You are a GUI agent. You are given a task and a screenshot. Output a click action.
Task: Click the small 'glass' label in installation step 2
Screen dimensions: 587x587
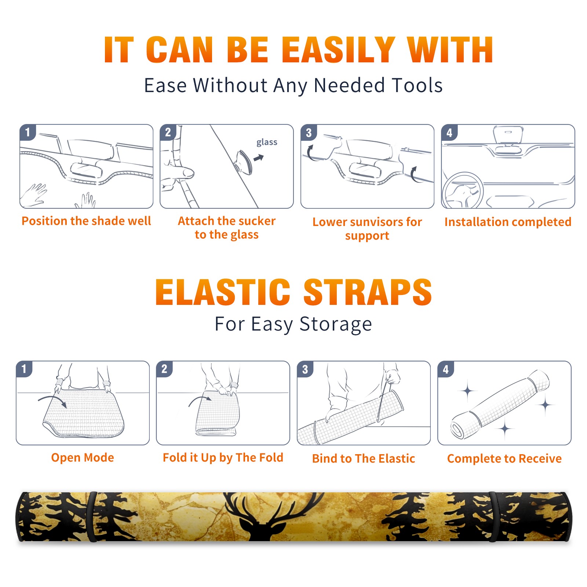pyautogui.click(x=267, y=142)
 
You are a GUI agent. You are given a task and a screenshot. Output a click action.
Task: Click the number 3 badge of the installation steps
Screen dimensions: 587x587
pyautogui.click(x=309, y=132)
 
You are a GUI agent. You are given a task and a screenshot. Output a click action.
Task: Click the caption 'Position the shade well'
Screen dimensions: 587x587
pyautogui.click(x=86, y=221)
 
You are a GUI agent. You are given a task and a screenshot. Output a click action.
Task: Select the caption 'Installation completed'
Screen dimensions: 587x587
pyautogui.click(x=508, y=222)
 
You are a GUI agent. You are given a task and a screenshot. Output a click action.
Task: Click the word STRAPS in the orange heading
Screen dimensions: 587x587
pyautogui.click(x=368, y=292)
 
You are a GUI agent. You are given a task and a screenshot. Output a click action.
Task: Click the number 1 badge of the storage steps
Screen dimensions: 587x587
pyautogui.click(x=24, y=369)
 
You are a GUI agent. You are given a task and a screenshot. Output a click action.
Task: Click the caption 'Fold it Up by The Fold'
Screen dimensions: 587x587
pyautogui.click(x=223, y=457)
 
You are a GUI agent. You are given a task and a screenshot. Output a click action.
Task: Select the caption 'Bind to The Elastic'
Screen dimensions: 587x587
pyautogui.click(x=364, y=459)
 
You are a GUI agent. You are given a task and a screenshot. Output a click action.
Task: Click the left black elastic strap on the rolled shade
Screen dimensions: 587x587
pyautogui.click(x=92, y=517)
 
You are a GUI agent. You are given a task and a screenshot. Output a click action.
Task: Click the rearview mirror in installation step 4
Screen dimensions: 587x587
pyautogui.click(x=508, y=134)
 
